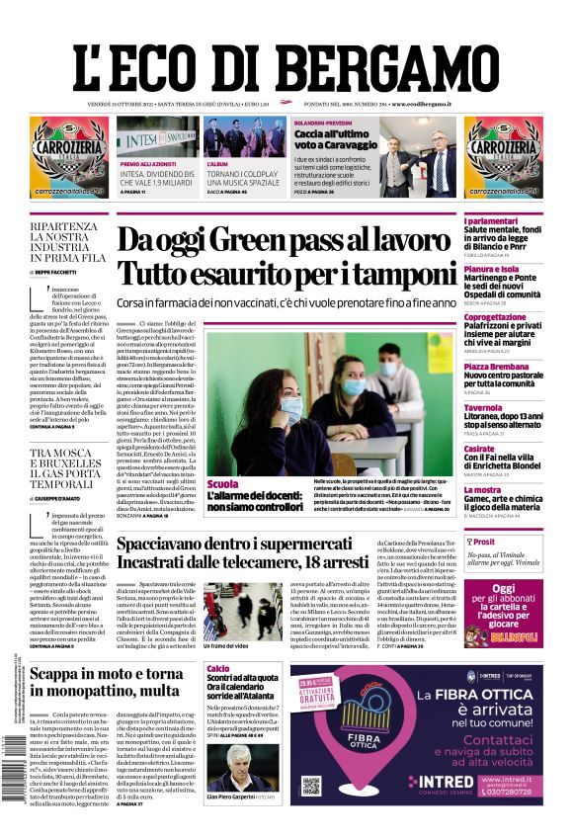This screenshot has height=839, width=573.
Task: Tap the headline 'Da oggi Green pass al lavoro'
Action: point(285,241)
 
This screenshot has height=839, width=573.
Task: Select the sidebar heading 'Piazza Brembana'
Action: point(497,367)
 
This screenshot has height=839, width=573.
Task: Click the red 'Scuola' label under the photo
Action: point(223,484)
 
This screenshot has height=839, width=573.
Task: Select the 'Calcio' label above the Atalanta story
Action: point(217,669)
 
